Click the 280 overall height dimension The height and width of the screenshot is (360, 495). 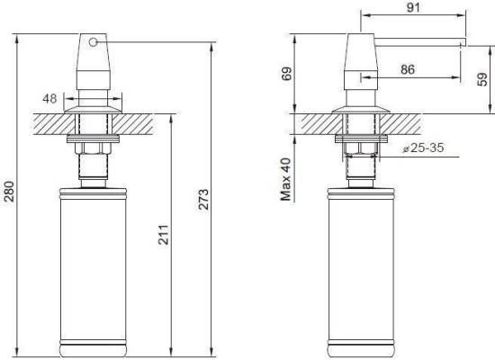coord(10,192)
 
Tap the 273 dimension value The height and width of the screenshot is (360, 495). coord(204,199)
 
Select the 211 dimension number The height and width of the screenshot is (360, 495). coord(164,235)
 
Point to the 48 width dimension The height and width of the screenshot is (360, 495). coord(49,99)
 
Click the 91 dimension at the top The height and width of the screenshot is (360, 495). coord(413,7)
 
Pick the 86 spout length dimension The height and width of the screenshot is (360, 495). coord(408,69)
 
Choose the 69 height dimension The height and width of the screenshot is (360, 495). coord(287,74)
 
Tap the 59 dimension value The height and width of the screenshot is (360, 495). coord(482,79)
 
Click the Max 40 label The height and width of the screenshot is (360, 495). coord(286,180)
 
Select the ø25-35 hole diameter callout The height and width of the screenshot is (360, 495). coord(423,148)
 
